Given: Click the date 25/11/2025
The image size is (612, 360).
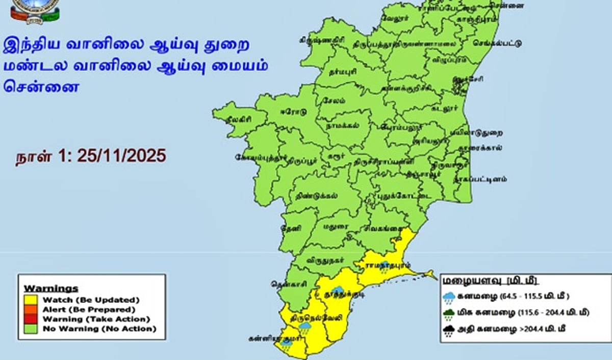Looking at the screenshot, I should tap(121, 156).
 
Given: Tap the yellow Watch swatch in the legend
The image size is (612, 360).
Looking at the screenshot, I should tap(31, 300).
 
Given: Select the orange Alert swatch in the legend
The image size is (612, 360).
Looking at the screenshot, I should tap(31, 310).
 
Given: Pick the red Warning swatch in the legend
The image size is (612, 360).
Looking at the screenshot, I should tap(31, 319).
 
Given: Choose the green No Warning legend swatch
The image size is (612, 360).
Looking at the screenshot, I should tap(31, 329).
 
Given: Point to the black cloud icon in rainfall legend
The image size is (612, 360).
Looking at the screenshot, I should tap(449, 331).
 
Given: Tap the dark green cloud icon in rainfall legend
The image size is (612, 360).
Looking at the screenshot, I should tap(449, 313).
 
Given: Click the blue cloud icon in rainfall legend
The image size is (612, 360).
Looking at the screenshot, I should tap(449, 297).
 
